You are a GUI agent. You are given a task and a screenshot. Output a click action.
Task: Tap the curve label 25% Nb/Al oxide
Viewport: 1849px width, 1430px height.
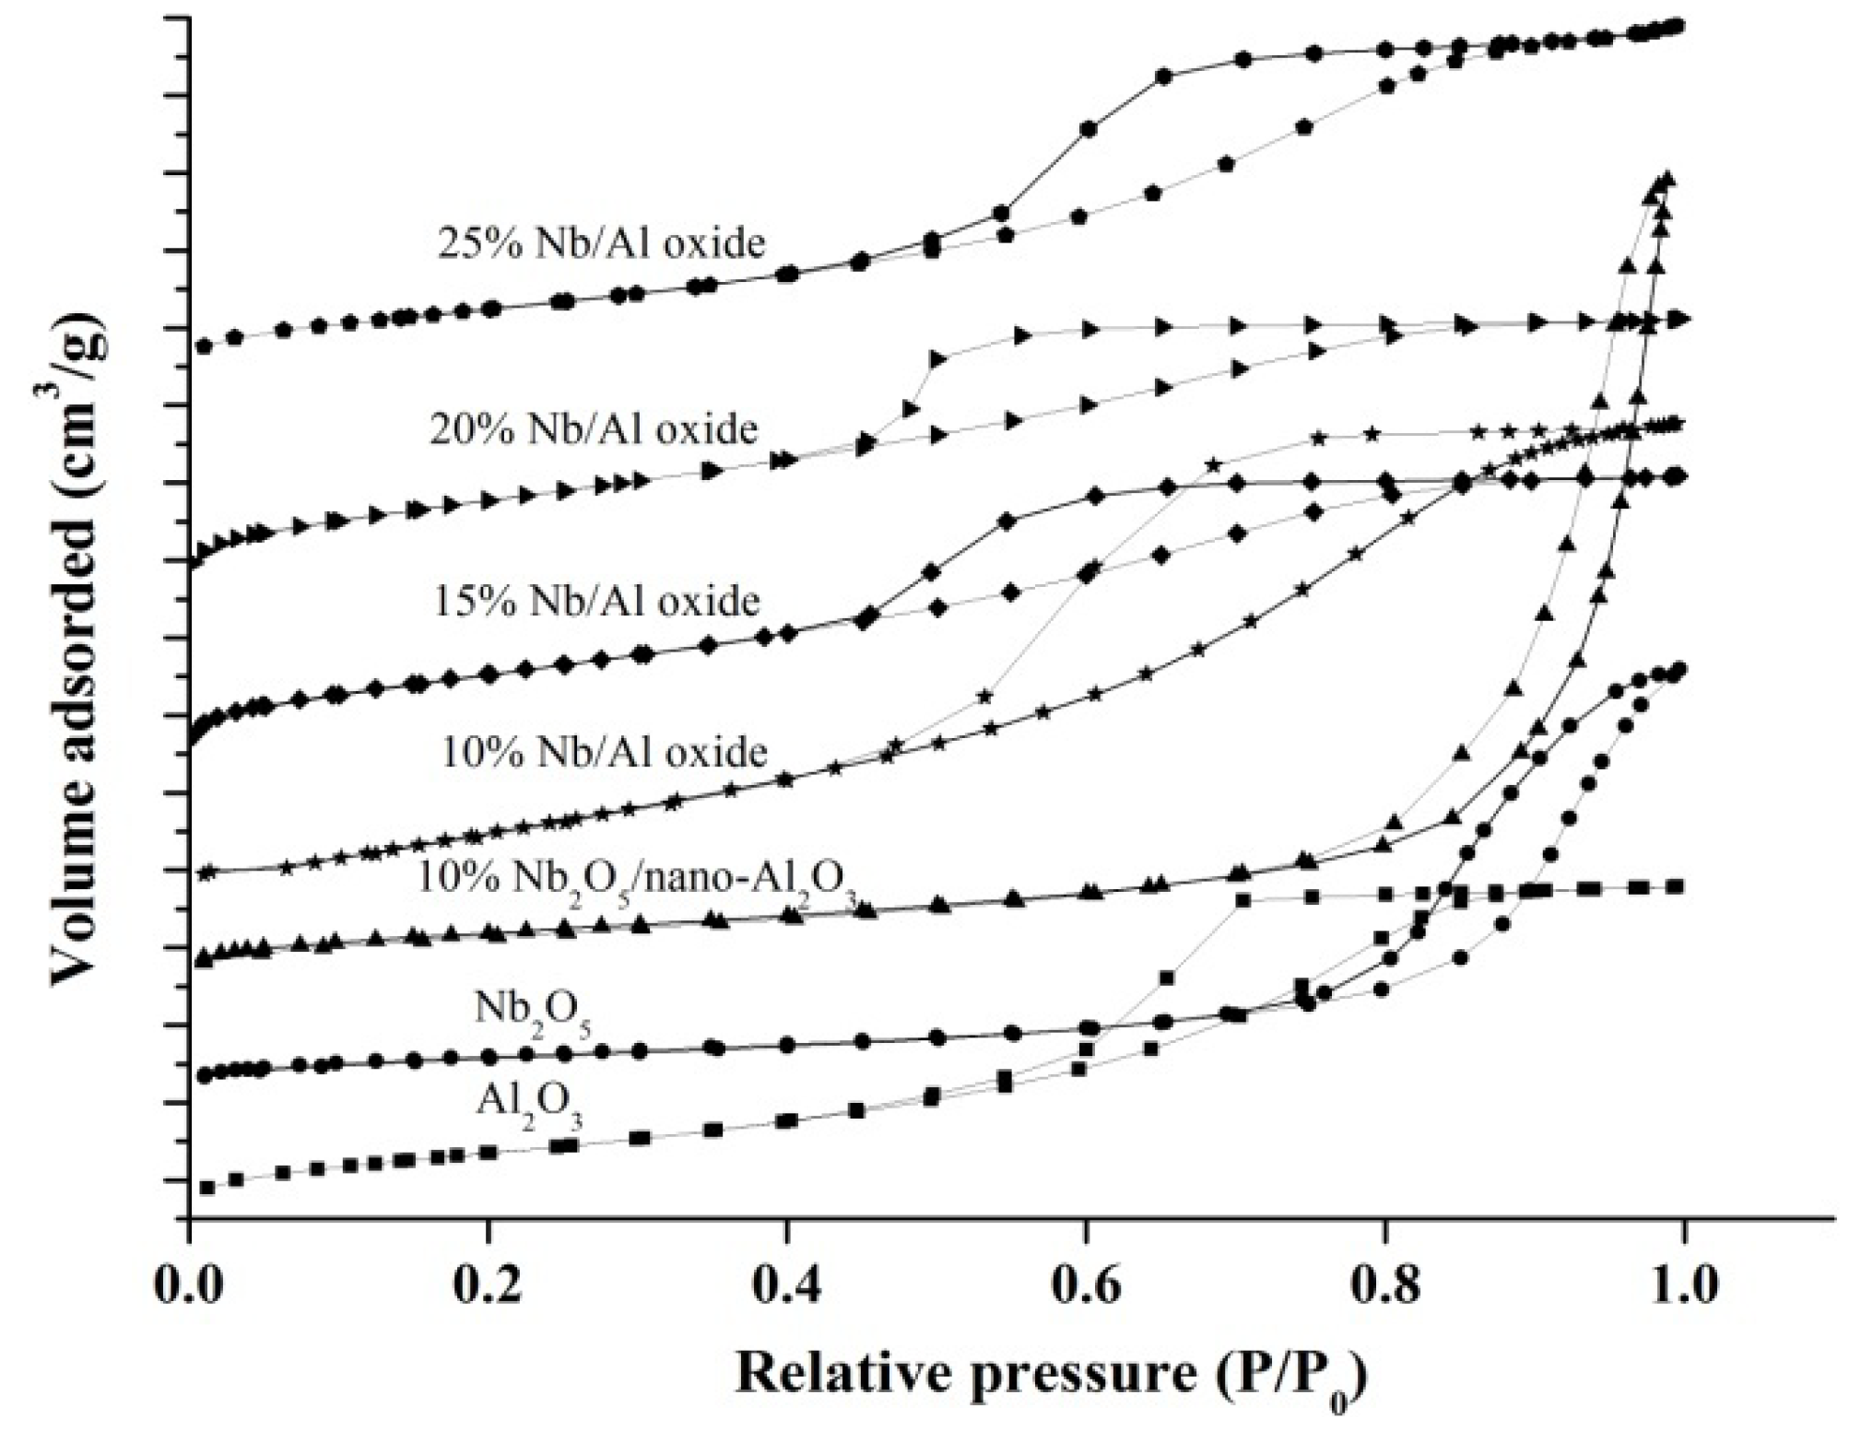tap(601, 243)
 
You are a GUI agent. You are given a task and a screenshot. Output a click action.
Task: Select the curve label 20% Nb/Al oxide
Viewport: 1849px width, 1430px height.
tap(594, 429)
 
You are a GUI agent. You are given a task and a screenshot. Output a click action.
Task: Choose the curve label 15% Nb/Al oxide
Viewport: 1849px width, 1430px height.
tap(596, 601)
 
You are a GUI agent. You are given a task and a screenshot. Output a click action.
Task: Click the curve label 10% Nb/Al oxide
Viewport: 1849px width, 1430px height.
tap(604, 753)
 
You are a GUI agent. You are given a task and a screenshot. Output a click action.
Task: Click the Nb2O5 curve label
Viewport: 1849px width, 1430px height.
tap(533, 1011)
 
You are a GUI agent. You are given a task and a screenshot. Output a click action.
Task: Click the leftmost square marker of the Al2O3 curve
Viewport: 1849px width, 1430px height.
tap(207, 1188)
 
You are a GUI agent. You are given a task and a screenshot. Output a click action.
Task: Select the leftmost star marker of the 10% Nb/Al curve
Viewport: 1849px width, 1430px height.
tap(207, 871)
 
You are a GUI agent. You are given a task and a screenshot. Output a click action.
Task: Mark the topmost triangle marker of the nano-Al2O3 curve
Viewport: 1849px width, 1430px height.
tap(1666, 179)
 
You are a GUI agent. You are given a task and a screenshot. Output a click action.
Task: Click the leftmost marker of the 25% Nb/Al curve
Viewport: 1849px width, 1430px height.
tap(205, 346)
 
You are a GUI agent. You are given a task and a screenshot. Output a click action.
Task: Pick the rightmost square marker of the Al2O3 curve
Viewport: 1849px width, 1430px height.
tap(1677, 886)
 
